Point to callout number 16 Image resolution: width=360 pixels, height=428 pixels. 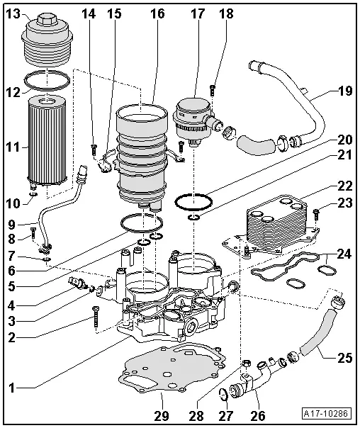point(157,14)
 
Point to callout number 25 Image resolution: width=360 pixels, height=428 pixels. point(344,359)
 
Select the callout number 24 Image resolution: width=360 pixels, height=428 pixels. point(344,253)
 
